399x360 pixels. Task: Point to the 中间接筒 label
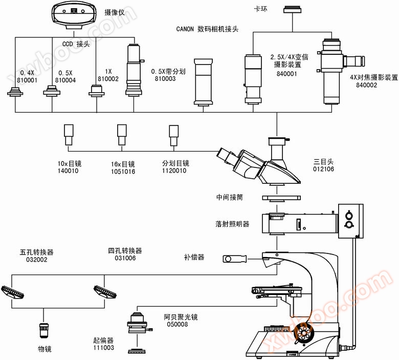click(230, 197)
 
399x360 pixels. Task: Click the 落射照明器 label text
click(232, 224)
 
